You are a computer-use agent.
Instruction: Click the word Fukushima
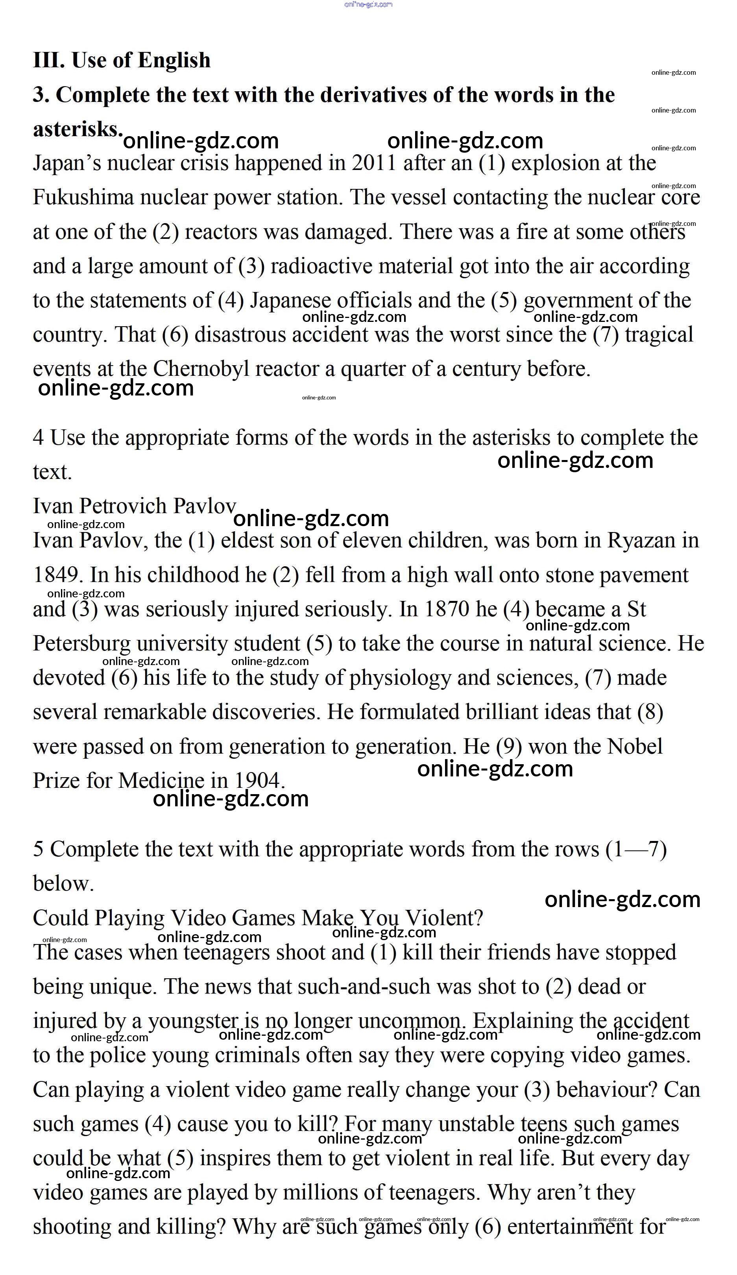click(83, 197)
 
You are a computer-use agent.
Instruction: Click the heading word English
click(174, 60)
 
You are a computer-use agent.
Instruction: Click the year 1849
click(55, 575)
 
